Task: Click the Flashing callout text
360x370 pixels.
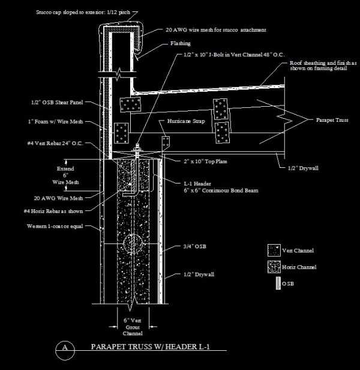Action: coord(180,43)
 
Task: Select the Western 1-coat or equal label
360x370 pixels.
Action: coord(53,227)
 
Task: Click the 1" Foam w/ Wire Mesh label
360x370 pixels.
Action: coord(60,122)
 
